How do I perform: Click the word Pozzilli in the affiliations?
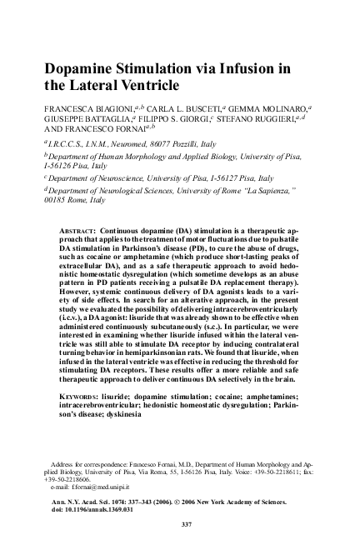pyautogui.click(x=177, y=144)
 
